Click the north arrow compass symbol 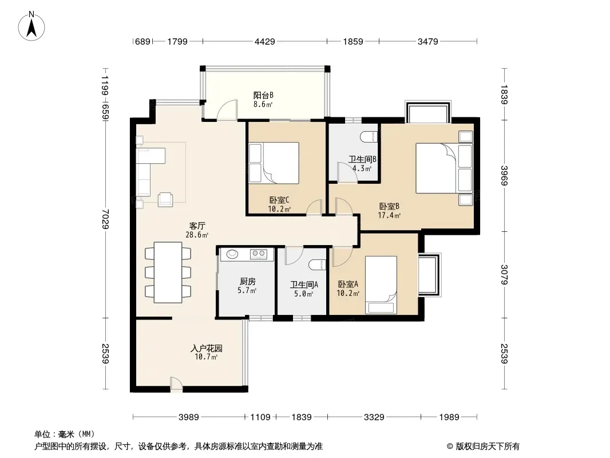pyautogui.click(x=31, y=26)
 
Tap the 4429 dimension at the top pyautogui.click(x=264, y=41)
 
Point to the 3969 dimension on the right pyautogui.click(x=504, y=176)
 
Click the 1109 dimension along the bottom pyautogui.click(x=260, y=417)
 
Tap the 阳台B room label pyautogui.click(x=263, y=95)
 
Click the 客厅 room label pyautogui.click(x=197, y=226)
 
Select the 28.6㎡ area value pyautogui.click(x=197, y=235)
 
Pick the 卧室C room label pyautogui.click(x=279, y=200)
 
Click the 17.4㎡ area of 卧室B pyautogui.click(x=389, y=215)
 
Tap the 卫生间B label pyautogui.click(x=362, y=159)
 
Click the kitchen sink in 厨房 pyautogui.click(x=233, y=254)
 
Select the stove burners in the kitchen pyautogui.click(x=258, y=254)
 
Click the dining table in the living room pyautogui.click(x=168, y=273)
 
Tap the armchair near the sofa pyautogui.click(x=165, y=199)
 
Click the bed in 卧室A pyautogui.click(x=381, y=285)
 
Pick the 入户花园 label pyautogui.click(x=206, y=348)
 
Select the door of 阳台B pyautogui.click(x=227, y=109)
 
